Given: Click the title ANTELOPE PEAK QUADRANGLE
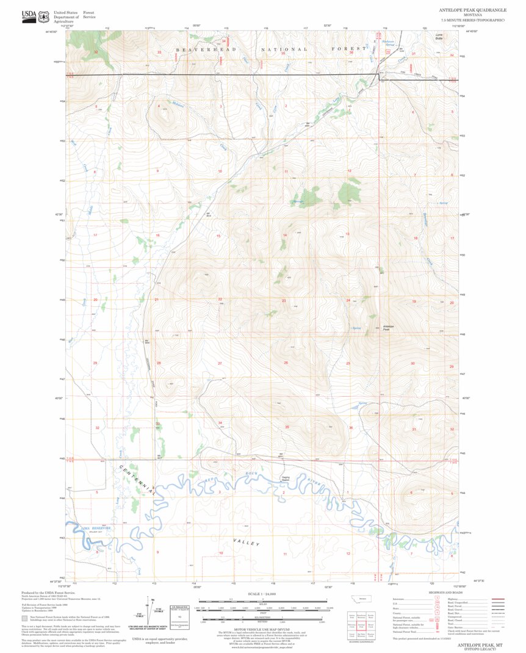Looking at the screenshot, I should click(x=469, y=10).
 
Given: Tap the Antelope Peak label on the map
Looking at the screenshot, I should click(x=388, y=327).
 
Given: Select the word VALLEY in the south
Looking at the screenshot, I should click(x=247, y=543).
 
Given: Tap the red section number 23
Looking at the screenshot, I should click(x=284, y=300).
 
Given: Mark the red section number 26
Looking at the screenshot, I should click(x=286, y=363).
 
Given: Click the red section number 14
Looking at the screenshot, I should click(x=284, y=235).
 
